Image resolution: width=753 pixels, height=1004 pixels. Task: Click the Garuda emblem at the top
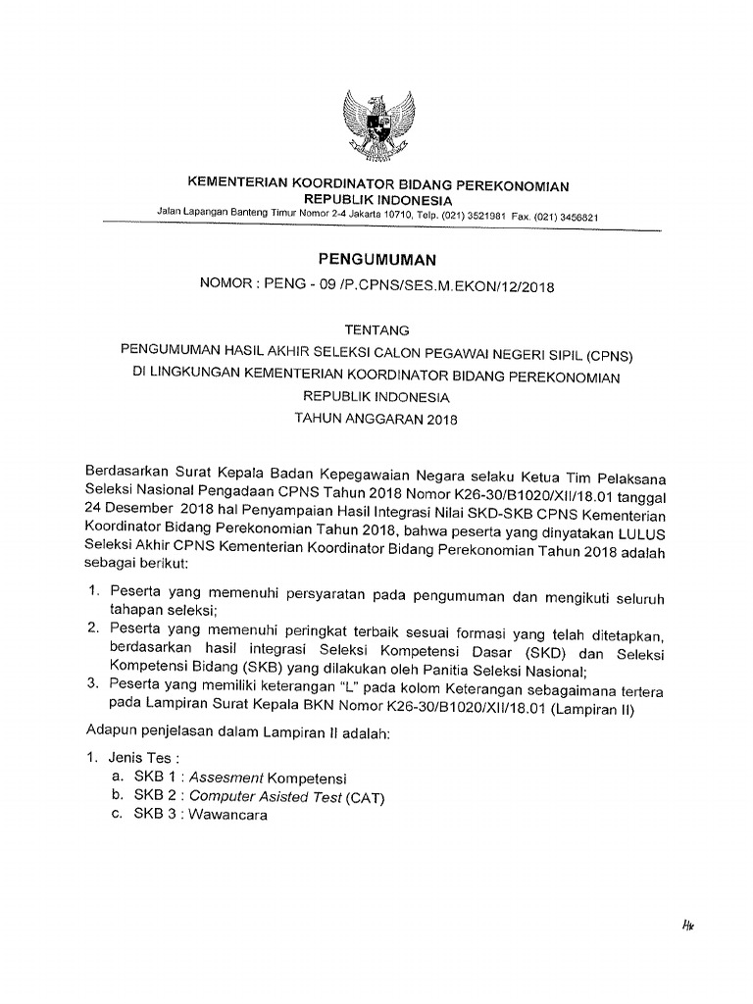click(376, 125)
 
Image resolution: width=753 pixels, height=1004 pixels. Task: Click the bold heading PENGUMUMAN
click(376, 260)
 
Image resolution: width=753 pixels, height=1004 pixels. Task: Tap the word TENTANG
click(376, 329)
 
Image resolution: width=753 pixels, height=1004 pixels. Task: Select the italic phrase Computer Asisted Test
click(264, 796)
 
